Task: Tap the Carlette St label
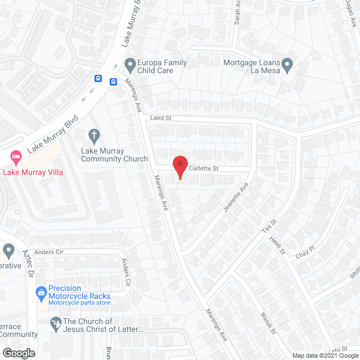pos(203,169)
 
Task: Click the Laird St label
pos(160,119)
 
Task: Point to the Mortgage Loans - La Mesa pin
pos(287,66)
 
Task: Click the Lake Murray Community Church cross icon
pos(94,135)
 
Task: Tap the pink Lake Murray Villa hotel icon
pos(15,155)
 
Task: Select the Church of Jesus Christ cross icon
pos(55,322)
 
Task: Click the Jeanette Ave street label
pos(236,196)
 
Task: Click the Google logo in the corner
pos(18,353)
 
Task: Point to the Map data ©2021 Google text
pos(325,355)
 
